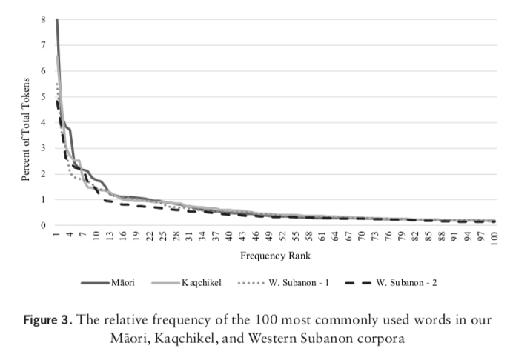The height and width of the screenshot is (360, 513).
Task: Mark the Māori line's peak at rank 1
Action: coord(56,19)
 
